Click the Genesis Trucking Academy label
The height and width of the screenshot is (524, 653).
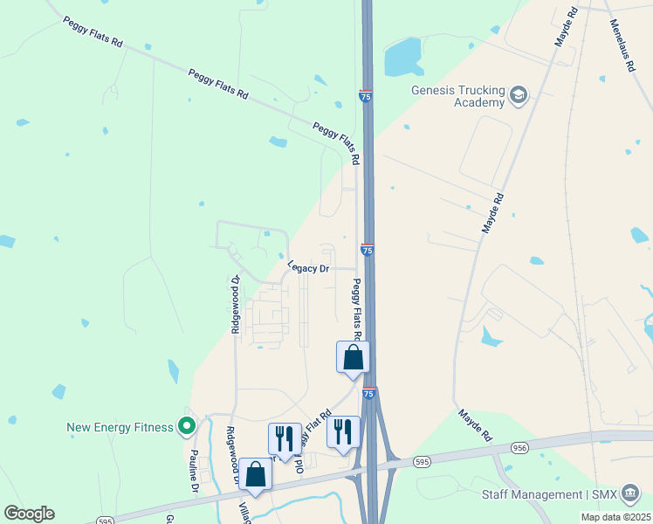[458, 96]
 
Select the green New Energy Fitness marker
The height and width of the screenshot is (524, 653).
[186, 427]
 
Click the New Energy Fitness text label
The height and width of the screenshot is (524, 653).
[121, 428]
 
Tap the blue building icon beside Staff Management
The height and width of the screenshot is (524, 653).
[629, 496]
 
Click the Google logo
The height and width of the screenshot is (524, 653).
[29, 514]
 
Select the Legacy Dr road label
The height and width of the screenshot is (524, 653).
[308, 268]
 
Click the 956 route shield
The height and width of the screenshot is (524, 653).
[520, 448]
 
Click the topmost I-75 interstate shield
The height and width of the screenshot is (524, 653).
[365, 95]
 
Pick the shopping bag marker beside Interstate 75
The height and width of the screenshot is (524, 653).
[353, 357]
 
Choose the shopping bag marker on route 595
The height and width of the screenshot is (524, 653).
[256, 474]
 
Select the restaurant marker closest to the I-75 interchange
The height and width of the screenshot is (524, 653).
[342, 432]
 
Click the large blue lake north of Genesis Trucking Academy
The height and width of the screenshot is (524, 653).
[403, 55]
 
